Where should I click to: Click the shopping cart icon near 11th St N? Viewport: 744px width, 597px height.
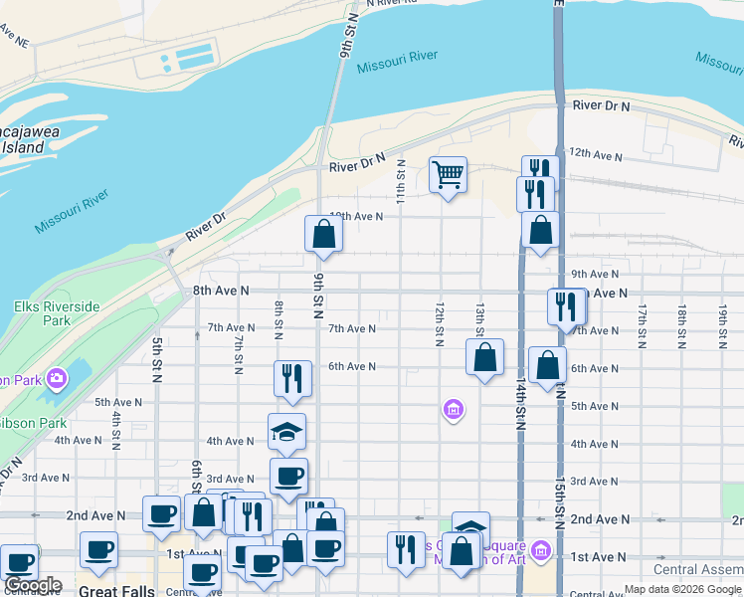(x=448, y=175)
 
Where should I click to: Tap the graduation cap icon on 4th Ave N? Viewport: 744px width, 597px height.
(x=286, y=431)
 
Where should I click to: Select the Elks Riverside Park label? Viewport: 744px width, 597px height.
(x=56, y=313)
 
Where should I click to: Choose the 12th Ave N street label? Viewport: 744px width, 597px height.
(x=594, y=156)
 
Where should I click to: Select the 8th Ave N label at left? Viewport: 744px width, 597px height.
(x=220, y=291)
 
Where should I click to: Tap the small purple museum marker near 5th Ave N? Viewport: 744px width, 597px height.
(x=454, y=409)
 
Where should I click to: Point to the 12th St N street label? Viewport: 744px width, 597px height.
(x=439, y=323)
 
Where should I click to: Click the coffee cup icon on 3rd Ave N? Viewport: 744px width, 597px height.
(x=288, y=477)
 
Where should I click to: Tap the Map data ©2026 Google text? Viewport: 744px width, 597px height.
(x=682, y=589)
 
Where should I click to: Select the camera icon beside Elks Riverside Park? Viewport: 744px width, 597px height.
(x=57, y=378)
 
